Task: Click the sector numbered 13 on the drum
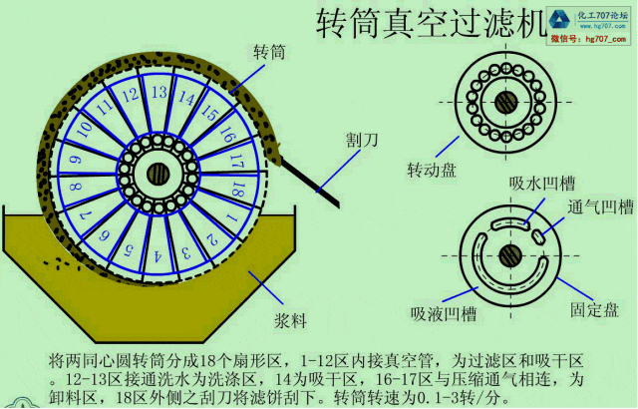[x=158, y=93]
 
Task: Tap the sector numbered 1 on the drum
[x=230, y=214]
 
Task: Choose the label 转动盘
[x=431, y=170]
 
